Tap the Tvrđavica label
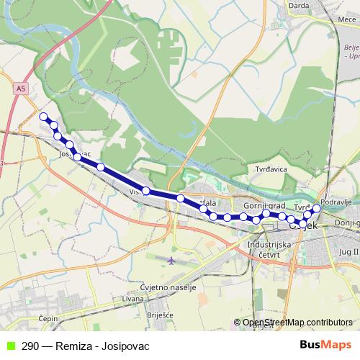[269, 169]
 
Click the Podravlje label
[336, 202]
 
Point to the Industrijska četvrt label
[268, 248]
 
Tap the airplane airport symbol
[170, 260]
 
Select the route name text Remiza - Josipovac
[102, 346]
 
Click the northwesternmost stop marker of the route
[43, 117]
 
